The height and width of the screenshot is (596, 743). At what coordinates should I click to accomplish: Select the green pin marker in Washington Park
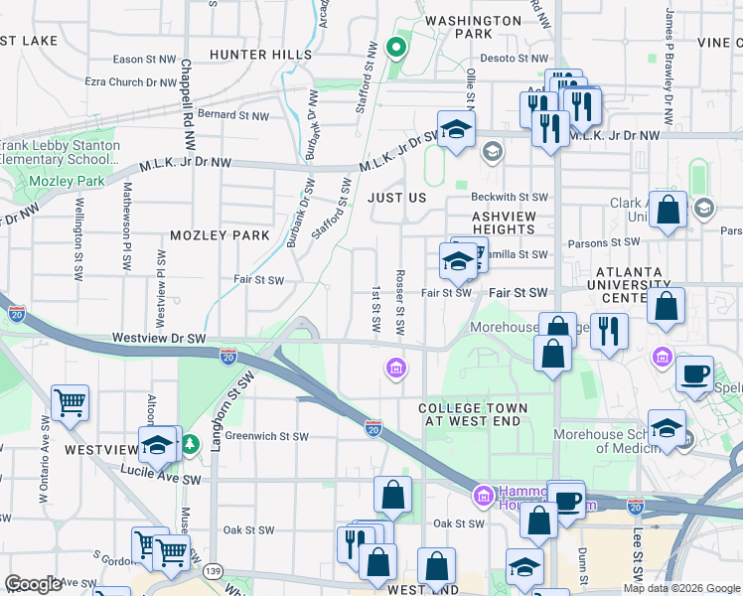[x=395, y=47]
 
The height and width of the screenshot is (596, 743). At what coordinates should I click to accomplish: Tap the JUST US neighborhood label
[x=396, y=198]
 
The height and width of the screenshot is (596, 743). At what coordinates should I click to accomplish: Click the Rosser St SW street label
[x=399, y=302]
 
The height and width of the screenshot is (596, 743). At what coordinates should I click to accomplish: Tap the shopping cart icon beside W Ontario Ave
[x=70, y=403]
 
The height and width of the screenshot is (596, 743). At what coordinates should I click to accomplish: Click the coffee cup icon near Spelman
[x=693, y=374]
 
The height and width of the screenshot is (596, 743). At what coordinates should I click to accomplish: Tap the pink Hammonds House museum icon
[x=483, y=494]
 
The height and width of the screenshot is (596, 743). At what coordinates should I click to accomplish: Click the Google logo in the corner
[x=33, y=584]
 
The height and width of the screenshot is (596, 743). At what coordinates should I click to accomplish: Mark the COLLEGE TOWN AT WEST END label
[x=473, y=415]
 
